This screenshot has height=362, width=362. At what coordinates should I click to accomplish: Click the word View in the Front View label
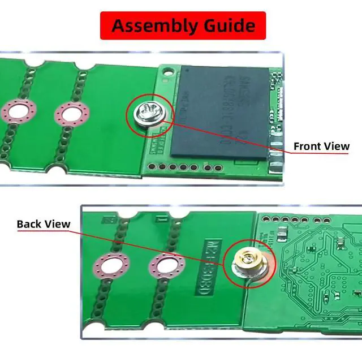(x=338, y=146)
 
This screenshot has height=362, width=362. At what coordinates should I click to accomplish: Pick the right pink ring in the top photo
(x=72, y=115)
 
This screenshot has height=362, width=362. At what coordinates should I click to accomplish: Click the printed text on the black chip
(x=229, y=107)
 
